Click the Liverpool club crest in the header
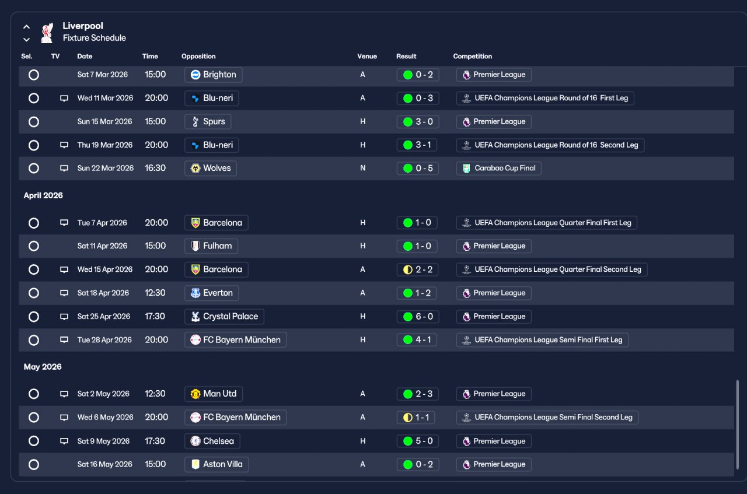(x=47, y=33)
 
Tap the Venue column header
(x=367, y=57)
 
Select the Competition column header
(x=472, y=57)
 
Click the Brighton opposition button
(x=213, y=75)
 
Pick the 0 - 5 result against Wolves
(x=417, y=169)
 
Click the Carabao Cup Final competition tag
(x=498, y=169)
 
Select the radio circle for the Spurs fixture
(x=34, y=122)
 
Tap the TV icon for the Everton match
(x=64, y=293)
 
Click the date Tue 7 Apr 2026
(x=102, y=223)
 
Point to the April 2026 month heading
(x=43, y=195)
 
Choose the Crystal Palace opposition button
(x=224, y=317)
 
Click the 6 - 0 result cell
(x=417, y=317)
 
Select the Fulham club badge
(x=196, y=246)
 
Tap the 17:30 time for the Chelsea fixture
(x=155, y=441)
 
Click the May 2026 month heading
(x=43, y=367)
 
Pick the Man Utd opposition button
(x=214, y=394)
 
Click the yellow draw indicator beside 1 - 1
(x=408, y=418)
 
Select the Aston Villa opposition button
(x=217, y=464)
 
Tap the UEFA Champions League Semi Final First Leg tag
(x=542, y=340)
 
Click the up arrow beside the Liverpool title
(x=27, y=27)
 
